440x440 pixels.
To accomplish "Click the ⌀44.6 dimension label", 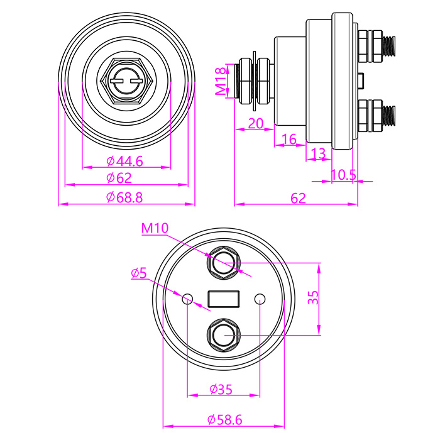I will [x=125, y=162].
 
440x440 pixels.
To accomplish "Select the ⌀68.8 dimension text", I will [x=125, y=197].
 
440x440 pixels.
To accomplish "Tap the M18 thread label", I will [x=220, y=81].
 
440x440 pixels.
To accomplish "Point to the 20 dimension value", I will [x=255, y=123].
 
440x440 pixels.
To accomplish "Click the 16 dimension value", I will [x=289, y=140].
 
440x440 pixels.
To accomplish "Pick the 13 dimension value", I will [x=319, y=153].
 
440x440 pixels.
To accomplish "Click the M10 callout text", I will [x=155, y=228].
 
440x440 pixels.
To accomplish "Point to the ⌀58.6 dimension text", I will [x=224, y=419].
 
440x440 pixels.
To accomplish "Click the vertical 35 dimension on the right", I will [x=313, y=298].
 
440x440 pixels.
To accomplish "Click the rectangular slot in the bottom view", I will [x=224, y=299].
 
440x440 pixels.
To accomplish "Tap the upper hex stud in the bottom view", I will [x=224, y=263].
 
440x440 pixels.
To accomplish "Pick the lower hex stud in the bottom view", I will [x=224, y=334].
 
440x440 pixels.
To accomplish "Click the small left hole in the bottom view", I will [x=188, y=299].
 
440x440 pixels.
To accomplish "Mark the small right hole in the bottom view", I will [x=260, y=299].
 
